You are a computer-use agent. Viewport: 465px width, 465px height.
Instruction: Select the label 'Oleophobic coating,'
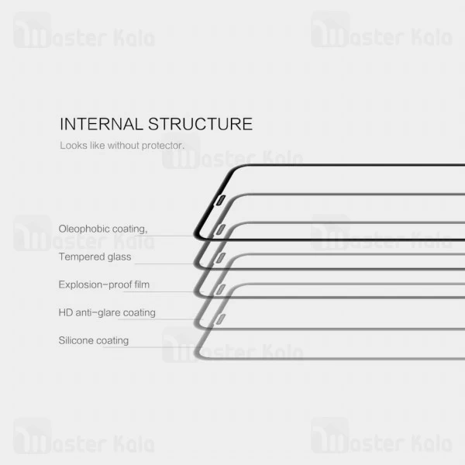(x=102, y=229)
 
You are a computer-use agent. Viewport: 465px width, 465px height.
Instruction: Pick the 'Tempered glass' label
(x=95, y=257)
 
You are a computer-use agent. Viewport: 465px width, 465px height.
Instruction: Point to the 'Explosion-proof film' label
(x=104, y=284)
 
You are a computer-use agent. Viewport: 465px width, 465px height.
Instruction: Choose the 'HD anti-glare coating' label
(x=107, y=312)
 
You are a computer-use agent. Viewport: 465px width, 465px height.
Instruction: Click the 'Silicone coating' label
(x=94, y=340)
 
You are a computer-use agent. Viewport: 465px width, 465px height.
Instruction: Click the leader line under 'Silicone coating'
(x=147, y=348)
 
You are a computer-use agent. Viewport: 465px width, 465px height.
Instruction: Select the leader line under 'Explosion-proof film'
(x=167, y=292)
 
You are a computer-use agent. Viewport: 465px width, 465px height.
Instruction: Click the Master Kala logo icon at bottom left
(x=32, y=436)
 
